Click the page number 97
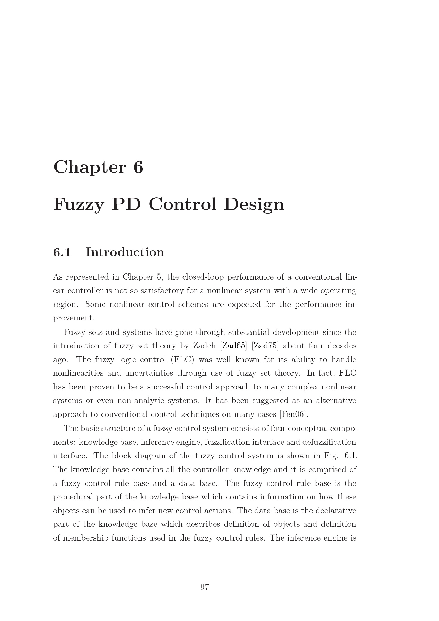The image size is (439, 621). tap(204, 587)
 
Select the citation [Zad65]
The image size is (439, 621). tap(234, 346)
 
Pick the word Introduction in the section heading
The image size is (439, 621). tap(125, 252)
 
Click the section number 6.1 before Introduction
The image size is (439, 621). tap(62, 252)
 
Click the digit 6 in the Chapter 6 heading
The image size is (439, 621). tap(138, 167)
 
